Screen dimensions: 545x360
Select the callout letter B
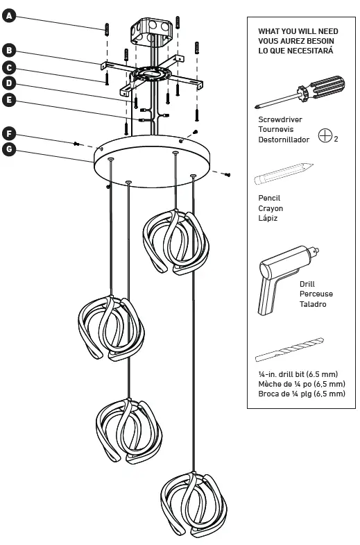(8, 50)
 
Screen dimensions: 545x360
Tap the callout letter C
(8, 67)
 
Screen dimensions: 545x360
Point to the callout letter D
(8, 83)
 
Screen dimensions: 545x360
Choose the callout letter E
(8, 100)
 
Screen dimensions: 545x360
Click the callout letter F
(8, 132)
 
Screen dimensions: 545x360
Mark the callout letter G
(8, 149)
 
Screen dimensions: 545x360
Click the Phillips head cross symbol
(324, 135)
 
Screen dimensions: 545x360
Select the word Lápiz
(267, 218)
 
